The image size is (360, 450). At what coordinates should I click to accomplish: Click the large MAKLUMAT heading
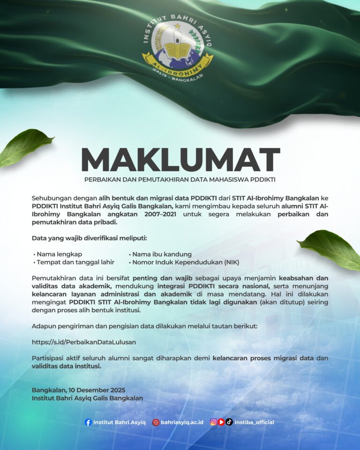(180, 160)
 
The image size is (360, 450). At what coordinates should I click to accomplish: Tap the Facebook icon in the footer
(88, 422)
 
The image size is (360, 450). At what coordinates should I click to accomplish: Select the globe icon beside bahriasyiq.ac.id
(156, 422)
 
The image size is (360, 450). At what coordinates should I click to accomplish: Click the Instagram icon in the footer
(213, 422)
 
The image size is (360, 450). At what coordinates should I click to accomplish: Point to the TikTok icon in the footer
(229, 422)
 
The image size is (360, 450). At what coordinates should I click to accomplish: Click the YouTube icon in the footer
(221, 422)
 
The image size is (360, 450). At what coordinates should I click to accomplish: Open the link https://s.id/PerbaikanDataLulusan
(84, 342)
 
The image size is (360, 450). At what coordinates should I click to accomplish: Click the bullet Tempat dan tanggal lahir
(75, 262)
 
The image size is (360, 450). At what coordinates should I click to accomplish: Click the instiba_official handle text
(254, 422)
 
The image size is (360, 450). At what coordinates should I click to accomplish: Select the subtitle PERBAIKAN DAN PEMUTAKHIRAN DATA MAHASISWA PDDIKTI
(180, 180)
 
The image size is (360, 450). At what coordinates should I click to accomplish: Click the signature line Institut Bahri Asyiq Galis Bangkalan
(87, 398)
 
